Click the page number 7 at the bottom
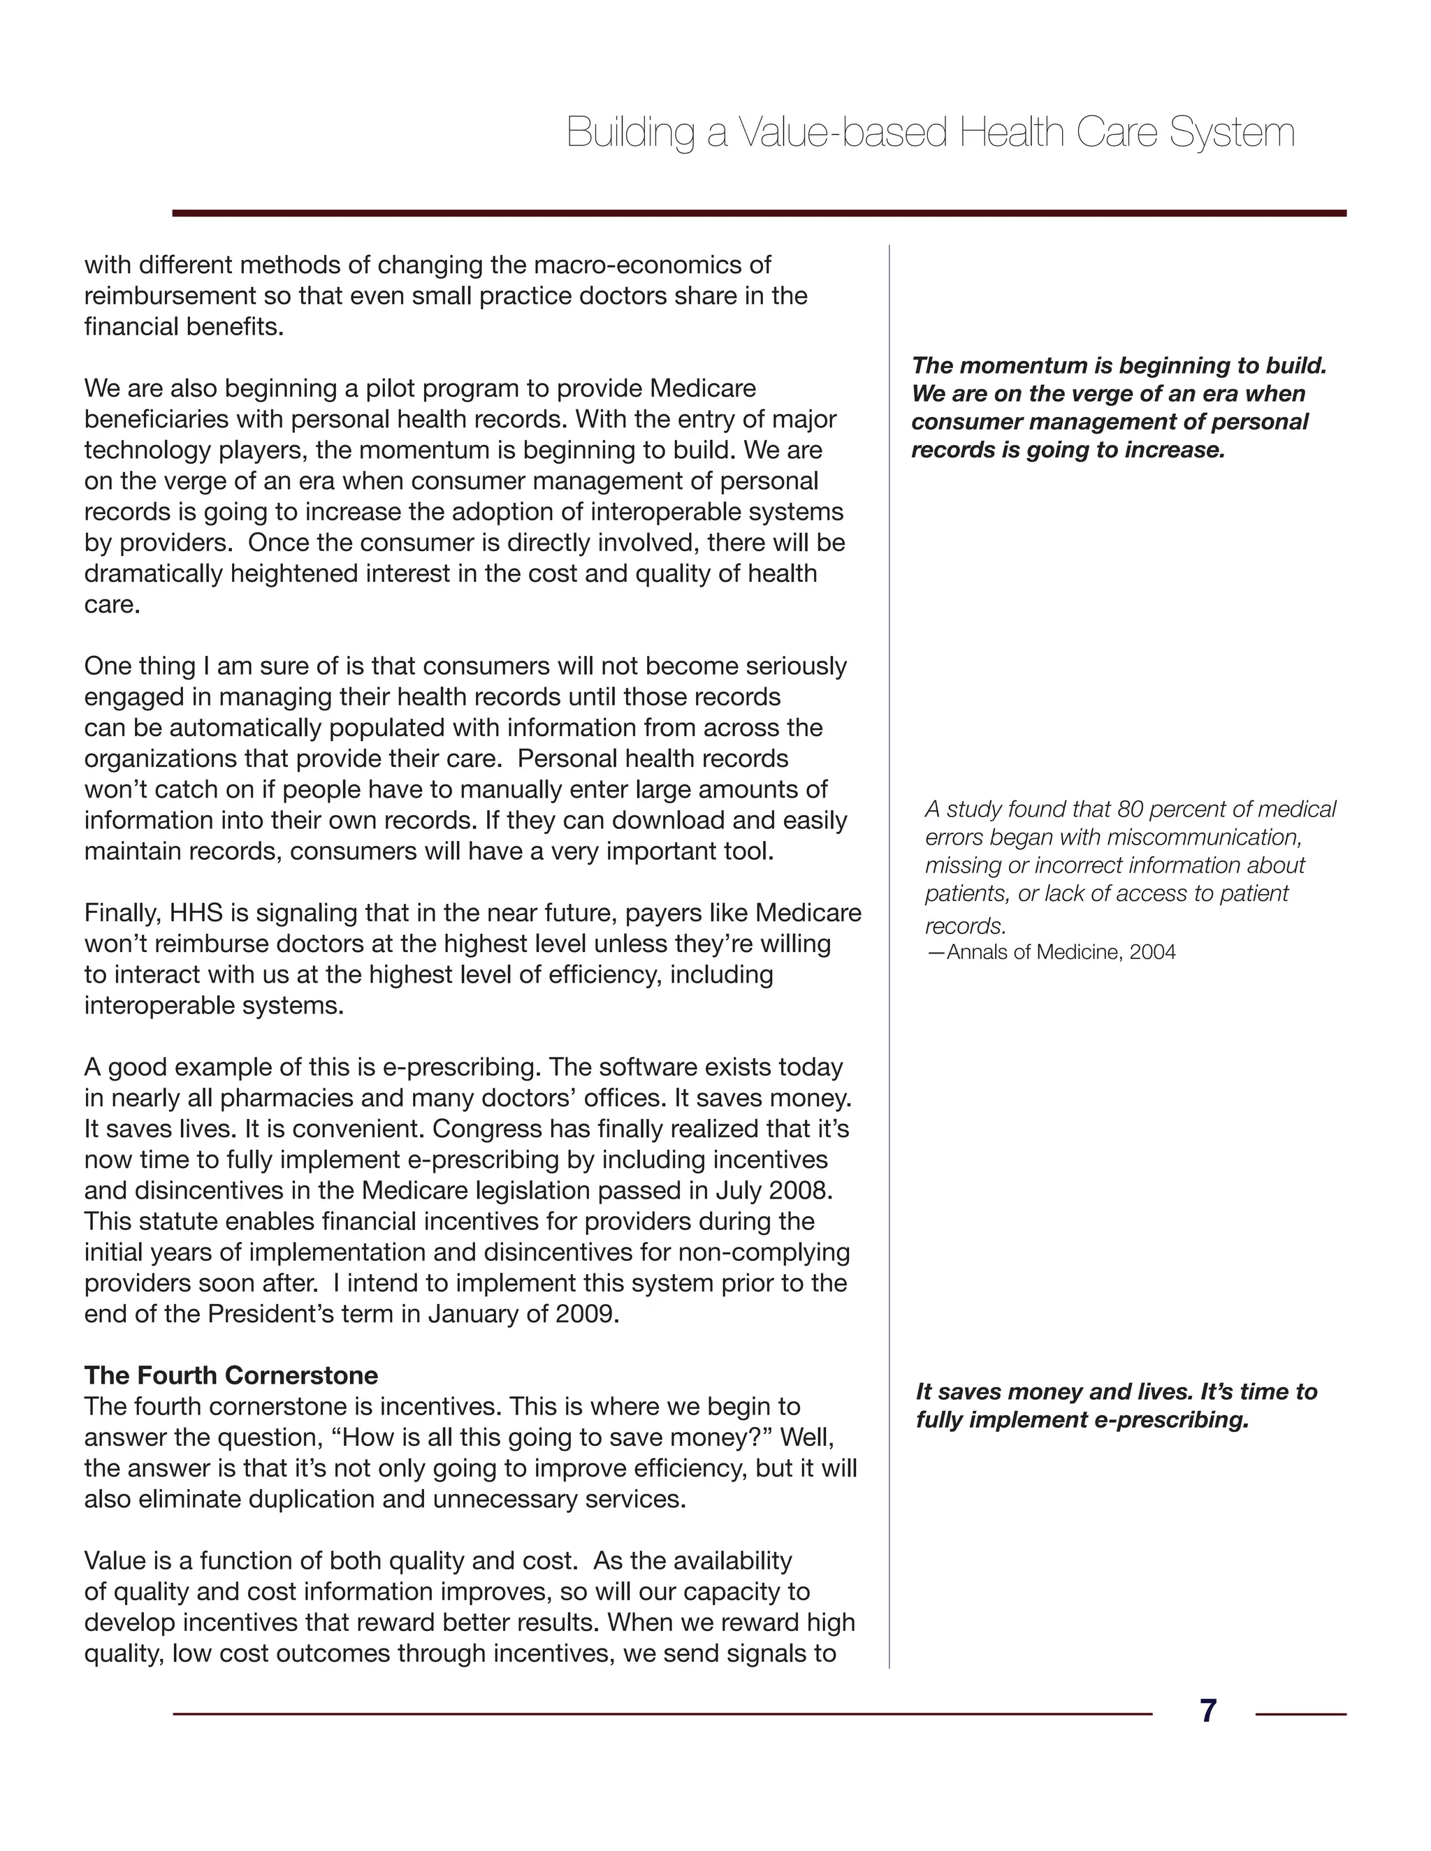[x=1208, y=1711]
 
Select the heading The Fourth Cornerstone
[x=231, y=1375]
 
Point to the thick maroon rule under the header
[x=759, y=214]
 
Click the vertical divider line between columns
[x=889, y=932]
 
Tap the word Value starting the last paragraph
[x=116, y=1560]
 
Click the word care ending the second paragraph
[x=110, y=605]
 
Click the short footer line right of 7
[x=1300, y=1713]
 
